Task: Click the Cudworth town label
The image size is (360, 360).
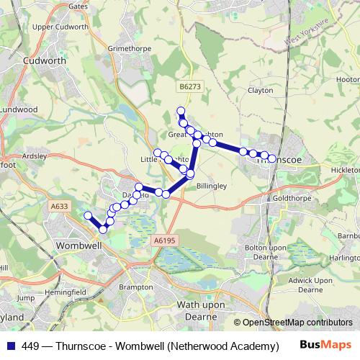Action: (x=45, y=61)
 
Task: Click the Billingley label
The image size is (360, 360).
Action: (x=212, y=185)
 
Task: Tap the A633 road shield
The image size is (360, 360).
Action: (x=60, y=207)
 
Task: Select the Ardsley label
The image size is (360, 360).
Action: (x=34, y=156)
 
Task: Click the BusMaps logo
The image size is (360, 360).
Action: (x=330, y=346)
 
